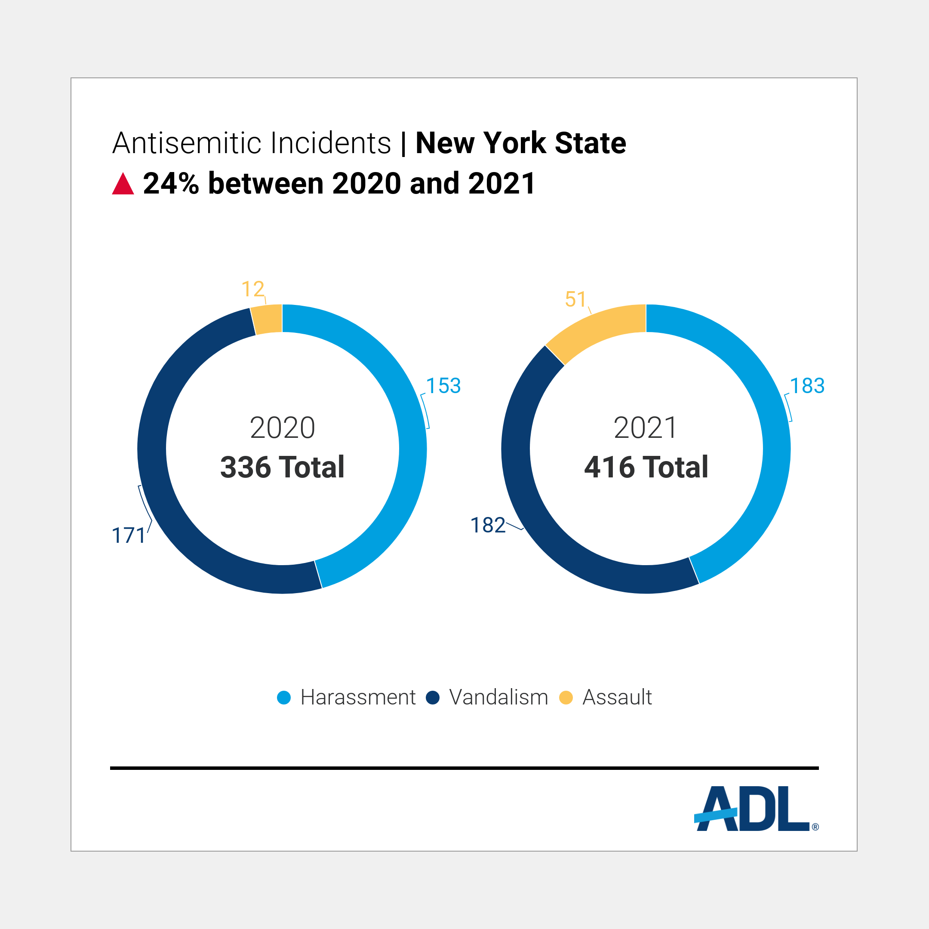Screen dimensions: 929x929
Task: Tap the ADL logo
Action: click(x=755, y=809)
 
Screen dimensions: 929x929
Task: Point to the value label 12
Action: click(x=252, y=289)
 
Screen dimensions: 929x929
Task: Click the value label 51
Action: click(x=575, y=300)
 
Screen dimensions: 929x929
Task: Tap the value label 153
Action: click(x=443, y=386)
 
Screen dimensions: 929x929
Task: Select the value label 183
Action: click(x=807, y=386)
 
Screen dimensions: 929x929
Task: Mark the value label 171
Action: click(x=129, y=535)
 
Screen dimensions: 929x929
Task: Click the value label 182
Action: click(x=488, y=525)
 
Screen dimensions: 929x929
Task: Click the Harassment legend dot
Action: click(x=284, y=698)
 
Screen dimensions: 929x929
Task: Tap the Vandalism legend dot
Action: click(x=433, y=698)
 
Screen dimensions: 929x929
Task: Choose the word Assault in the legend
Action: click(x=617, y=698)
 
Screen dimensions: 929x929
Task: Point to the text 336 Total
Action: click(x=282, y=467)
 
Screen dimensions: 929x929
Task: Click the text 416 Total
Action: click(x=646, y=467)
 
